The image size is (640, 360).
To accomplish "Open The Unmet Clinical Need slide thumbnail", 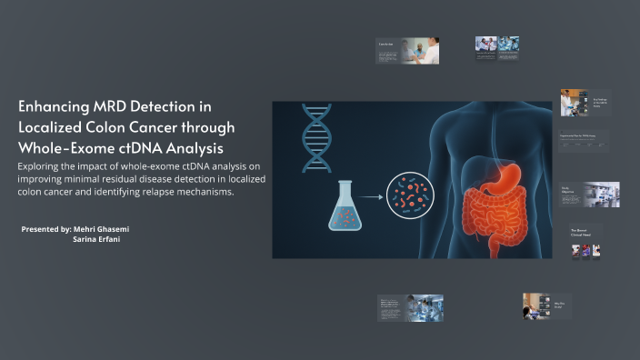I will click(586, 242).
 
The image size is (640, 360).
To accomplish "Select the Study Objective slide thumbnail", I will click(589, 194).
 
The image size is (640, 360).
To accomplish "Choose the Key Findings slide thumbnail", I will click(584, 103).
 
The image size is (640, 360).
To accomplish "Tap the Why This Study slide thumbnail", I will click(545, 306).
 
